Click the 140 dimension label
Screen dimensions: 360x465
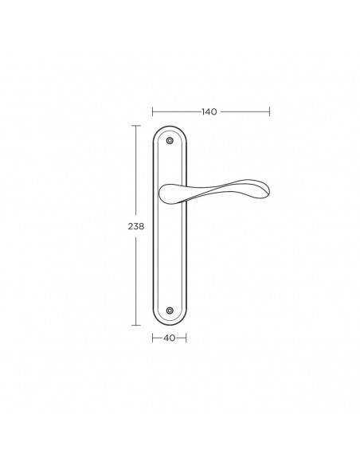coord(209,111)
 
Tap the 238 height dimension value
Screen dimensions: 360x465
coord(136,226)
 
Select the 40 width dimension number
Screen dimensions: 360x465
coord(170,338)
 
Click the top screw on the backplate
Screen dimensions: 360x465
coord(170,141)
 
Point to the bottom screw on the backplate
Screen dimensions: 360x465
coord(170,311)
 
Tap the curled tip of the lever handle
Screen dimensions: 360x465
coord(266,190)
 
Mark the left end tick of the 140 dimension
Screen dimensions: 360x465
coord(152,111)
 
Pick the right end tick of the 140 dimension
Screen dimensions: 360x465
coord(269,111)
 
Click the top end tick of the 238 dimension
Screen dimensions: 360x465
coord(136,126)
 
